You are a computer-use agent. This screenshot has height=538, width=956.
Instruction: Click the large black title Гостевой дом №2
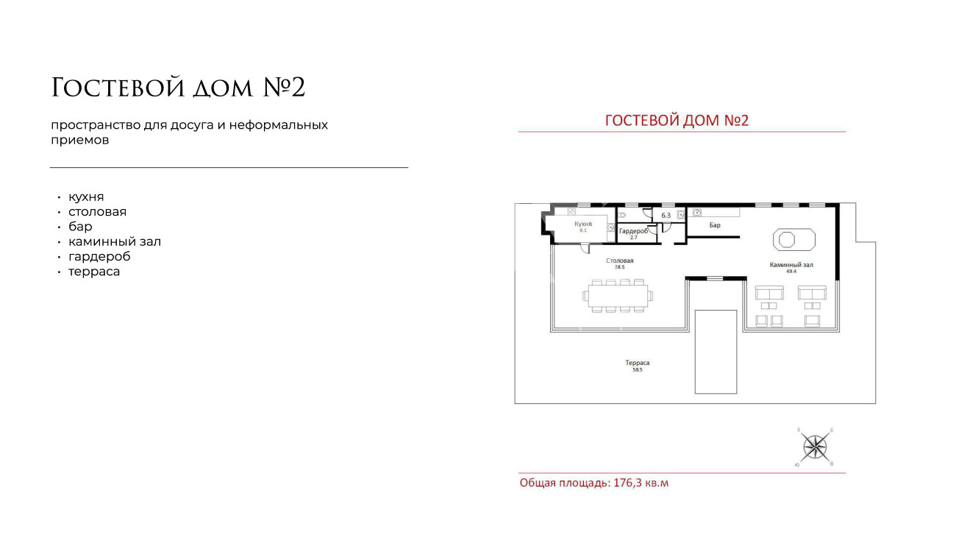pyautogui.click(x=178, y=88)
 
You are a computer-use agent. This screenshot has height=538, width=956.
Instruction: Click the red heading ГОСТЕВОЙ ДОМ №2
pyautogui.click(x=677, y=121)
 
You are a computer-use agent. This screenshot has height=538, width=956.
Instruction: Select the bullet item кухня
pyautogui.click(x=86, y=197)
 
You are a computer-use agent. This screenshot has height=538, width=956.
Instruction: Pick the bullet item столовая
pyautogui.click(x=97, y=212)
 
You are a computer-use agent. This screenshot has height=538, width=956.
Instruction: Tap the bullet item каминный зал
pyautogui.click(x=115, y=241)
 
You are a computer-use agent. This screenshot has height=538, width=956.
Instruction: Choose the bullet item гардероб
pyautogui.click(x=99, y=257)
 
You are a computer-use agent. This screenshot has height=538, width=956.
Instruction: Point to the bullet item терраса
pyautogui.click(x=94, y=272)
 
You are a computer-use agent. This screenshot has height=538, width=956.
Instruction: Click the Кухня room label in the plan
pyautogui.click(x=583, y=224)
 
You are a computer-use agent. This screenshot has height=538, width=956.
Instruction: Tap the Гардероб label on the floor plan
pyautogui.click(x=633, y=231)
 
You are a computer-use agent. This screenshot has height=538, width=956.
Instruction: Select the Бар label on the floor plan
pyautogui.click(x=715, y=225)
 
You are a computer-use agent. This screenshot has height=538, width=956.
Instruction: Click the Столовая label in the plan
pyautogui.click(x=620, y=261)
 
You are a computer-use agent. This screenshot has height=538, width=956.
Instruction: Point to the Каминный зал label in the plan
pyautogui.click(x=791, y=265)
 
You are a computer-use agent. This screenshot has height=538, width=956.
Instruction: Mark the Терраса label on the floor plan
pyautogui.click(x=638, y=363)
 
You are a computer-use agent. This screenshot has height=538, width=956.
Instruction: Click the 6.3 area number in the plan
pyautogui.click(x=666, y=216)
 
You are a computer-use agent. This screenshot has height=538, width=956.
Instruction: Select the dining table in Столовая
pyautogui.click(x=618, y=296)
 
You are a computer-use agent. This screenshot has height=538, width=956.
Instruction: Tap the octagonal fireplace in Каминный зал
pyautogui.click(x=793, y=239)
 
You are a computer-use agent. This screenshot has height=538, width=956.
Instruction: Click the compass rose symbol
pyautogui.click(x=815, y=447)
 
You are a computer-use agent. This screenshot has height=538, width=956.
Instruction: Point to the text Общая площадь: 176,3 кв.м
pyautogui.click(x=594, y=483)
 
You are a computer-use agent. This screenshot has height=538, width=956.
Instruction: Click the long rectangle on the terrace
pyautogui.click(x=716, y=352)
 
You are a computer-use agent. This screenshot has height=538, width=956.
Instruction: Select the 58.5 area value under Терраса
pyautogui.click(x=637, y=369)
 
